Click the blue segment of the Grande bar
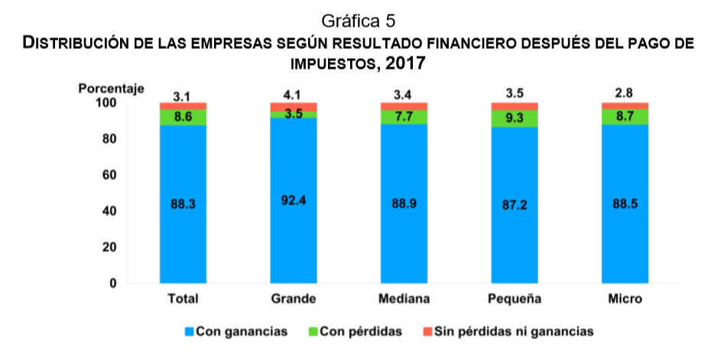(x=294, y=229)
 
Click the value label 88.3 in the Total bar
(x=183, y=204)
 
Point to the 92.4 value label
(x=294, y=202)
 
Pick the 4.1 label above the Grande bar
(x=294, y=96)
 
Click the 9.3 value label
(x=514, y=118)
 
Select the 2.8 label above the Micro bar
(x=625, y=96)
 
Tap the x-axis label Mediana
(x=404, y=297)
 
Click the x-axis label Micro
(x=625, y=297)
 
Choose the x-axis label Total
(x=183, y=297)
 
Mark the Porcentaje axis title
(x=111, y=89)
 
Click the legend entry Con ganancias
(x=242, y=332)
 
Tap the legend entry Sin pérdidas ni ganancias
(x=513, y=332)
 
